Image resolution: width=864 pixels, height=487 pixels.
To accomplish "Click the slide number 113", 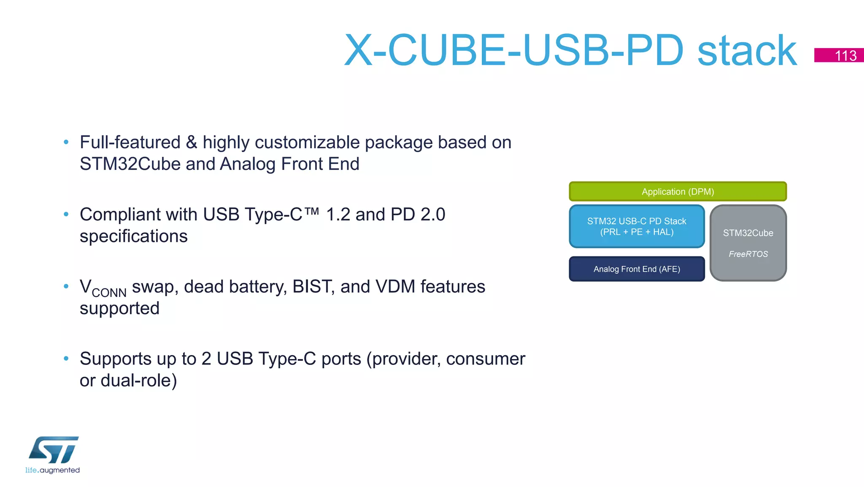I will coord(845,56).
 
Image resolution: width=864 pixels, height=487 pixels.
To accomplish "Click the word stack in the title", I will coord(747,51).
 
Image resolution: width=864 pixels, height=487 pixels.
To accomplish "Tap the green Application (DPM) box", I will coord(678,192).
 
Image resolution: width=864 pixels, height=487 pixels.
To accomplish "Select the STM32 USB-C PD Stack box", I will coord(637,226).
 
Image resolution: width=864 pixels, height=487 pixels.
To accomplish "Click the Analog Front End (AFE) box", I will coord(637,269).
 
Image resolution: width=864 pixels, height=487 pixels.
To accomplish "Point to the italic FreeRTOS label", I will coord(748,254).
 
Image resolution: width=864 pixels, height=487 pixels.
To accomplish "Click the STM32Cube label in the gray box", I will coord(748,233).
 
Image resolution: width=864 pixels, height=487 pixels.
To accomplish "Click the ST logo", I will coord(54,450).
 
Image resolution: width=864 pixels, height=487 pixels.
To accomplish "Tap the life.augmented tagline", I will coord(52,470).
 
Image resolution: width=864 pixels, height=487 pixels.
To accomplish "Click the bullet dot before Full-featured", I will coord(66,142).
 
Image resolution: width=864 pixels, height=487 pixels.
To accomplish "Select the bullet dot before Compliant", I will coord(66,215).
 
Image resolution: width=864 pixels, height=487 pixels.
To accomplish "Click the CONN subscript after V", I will coord(109,293).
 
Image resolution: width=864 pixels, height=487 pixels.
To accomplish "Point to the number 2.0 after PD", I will coord(433,215).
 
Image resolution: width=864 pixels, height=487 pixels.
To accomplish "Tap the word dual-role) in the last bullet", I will coord(138,381).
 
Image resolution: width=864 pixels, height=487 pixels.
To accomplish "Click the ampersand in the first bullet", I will coord(192,142).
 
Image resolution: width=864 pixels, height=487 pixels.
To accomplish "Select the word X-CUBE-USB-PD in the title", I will coord(513,51).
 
